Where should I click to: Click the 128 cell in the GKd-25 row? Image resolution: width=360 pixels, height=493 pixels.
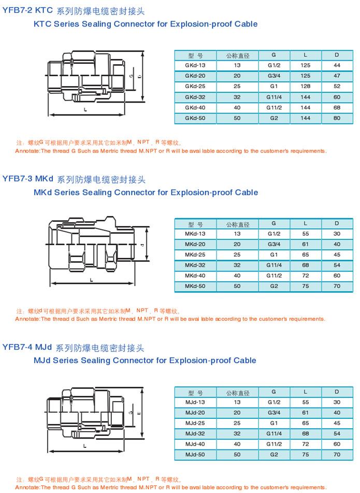306,86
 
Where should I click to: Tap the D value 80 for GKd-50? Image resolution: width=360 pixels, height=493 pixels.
337,118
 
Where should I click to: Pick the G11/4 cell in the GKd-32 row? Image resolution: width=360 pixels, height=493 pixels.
273,97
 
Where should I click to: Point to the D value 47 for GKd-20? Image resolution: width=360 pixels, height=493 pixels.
337,76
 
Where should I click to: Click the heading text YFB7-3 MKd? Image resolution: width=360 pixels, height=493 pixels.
28,179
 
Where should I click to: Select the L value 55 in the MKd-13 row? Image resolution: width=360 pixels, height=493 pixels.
306,234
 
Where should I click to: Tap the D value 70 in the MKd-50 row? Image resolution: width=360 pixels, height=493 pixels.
337,286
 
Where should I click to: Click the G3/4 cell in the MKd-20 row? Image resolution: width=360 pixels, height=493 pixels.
273,244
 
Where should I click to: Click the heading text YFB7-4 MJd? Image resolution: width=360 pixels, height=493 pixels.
27,347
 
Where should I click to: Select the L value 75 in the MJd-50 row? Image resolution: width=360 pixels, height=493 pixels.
306,455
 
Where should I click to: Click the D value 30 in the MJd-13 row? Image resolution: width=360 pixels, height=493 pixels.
337,402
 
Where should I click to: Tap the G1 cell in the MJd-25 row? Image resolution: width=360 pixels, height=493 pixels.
273,423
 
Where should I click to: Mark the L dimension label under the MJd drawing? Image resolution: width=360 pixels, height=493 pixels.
84,445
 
